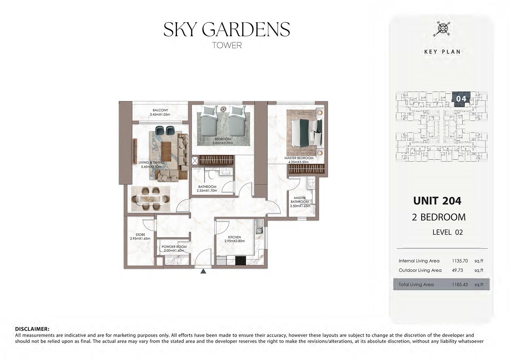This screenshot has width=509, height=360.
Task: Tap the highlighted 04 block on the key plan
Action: pyautogui.click(x=461, y=99)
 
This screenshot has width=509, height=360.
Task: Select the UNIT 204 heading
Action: pyautogui.click(x=437, y=201)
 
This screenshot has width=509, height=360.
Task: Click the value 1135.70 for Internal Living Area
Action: pyautogui.click(x=460, y=261)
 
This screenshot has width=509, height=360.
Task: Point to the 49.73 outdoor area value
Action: pyautogui.click(x=458, y=270)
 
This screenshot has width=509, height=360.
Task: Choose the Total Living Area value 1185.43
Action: pyautogui.click(x=460, y=285)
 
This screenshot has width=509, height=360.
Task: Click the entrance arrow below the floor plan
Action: pyautogui.click(x=203, y=271)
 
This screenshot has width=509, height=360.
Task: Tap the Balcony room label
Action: pyautogui.click(x=160, y=110)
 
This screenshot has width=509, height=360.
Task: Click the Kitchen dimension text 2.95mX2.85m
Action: pyautogui.click(x=235, y=241)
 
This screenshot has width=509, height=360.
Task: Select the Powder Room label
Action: pyautogui.click(x=174, y=247)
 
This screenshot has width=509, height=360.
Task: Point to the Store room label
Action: pyautogui.click(x=140, y=235)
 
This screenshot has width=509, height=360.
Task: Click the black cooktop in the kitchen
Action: pyautogui.click(x=240, y=261)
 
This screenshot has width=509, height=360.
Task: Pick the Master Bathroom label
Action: pyautogui.click(x=300, y=200)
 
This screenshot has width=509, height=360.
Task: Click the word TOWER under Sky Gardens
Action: pyautogui.click(x=227, y=45)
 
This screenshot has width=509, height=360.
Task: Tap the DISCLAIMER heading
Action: pyautogui.click(x=32, y=329)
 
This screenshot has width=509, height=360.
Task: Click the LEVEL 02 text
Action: pyautogui.click(x=448, y=232)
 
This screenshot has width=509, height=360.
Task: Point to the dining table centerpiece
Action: pyautogui.click(x=150, y=199)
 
